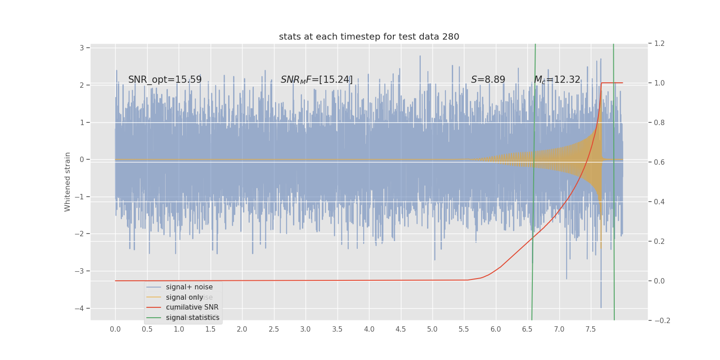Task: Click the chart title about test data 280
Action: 369,37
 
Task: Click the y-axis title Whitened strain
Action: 67,182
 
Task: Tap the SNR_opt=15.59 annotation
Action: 165,80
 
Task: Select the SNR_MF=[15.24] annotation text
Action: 317,80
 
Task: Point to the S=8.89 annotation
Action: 488,80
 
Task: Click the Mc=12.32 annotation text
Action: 557,80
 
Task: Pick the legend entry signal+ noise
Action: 189,287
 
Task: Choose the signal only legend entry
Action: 184,297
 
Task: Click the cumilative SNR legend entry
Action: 192,307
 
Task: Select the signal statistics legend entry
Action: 193,318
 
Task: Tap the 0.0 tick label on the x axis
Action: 115,329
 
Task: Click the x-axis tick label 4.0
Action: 369,329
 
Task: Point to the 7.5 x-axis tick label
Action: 590,329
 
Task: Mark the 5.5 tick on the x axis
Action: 464,329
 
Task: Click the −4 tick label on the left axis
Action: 80,308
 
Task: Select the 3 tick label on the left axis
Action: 82,48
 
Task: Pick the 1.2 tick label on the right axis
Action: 659,43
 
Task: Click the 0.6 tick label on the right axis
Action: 659,162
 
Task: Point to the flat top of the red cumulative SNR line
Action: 612,83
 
